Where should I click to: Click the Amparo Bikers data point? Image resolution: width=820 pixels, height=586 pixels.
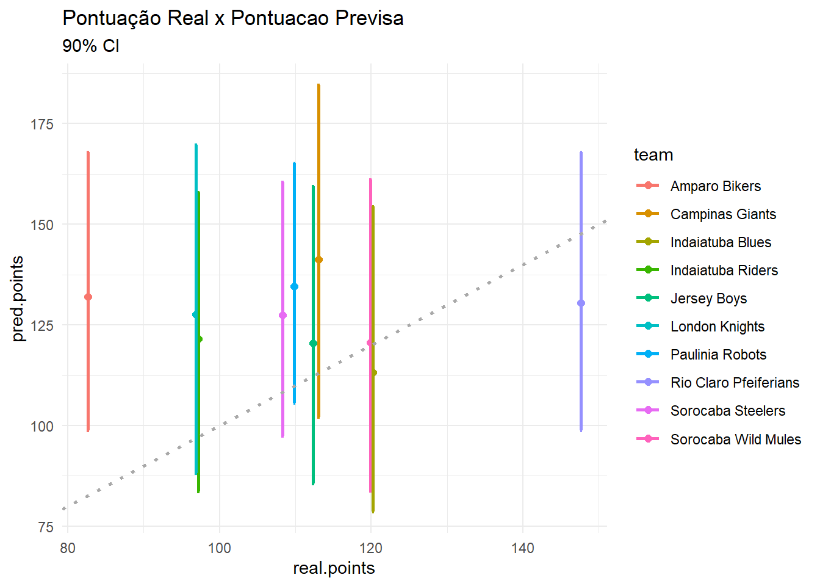pyautogui.click(x=88, y=297)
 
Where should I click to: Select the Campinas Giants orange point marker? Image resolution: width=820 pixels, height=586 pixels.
pyautogui.click(x=318, y=260)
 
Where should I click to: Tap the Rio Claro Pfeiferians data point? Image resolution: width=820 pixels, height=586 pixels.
pyautogui.click(x=581, y=303)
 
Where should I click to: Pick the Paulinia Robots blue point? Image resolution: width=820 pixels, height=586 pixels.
pyautogui.click(x=295, y=287)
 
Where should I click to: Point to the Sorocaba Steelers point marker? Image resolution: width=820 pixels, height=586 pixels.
pyautogui.click(x=282, y=316)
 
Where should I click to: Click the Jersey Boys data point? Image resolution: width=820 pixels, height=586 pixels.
pyautogui.click(x=313, y=344)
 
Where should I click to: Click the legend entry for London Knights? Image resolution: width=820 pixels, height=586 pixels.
pyautogui.click(x=717, y=327)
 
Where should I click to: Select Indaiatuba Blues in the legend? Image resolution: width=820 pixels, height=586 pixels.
pyautogui.click(x=720, y=242)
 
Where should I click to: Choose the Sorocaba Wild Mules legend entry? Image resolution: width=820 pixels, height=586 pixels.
pyautogui.click(x=735, y=440)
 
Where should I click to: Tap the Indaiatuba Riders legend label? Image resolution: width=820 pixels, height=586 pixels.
pyautogui.click(x=724, y=270)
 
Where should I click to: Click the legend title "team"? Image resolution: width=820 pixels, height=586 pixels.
pyautogui.click(x=653, y=155)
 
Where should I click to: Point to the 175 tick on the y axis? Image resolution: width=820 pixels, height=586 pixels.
pyautogui.click(x=42, y=124)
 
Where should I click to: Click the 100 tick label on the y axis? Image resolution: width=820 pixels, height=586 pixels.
pyautogui.click(x=42, y=426)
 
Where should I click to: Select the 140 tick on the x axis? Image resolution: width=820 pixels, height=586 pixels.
pyautogui.click(x=523, y=548)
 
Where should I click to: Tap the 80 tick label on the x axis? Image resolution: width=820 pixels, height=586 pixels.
pyautogui.click(x=68, y=548)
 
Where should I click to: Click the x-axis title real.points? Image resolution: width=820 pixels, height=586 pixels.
pyautogui.click(x=334, y=568)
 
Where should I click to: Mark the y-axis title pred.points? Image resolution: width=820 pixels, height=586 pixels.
pyautogui.click(x=18, y=299)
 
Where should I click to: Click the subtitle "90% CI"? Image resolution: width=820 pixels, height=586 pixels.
pyautogui.click(x=91, y=46)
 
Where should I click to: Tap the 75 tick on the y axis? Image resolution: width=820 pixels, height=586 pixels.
pyautogui.click(x=46, y=527)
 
